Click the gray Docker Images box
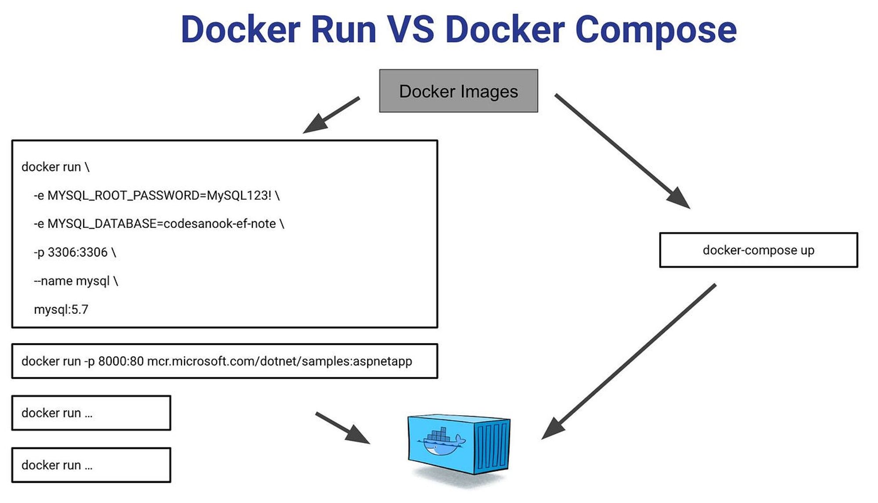[458, 91]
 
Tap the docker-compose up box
[758, 250]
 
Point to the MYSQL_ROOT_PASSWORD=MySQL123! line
[157, 195]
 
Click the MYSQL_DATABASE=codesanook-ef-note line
[159, 224]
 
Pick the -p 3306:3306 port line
[75, 252]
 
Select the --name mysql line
[76, 281]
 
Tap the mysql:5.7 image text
[61, 309]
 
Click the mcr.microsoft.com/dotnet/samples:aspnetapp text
[280, 361]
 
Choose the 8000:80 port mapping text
[121, 361]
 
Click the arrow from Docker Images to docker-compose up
[623, 151]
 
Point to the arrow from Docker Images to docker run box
[331, 115]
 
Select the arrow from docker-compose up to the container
[629, 362]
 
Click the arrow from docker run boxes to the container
[343, 428]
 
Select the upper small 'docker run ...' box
[91, 413]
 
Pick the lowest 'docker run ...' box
[91, 465]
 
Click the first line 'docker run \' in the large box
[55, 167]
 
